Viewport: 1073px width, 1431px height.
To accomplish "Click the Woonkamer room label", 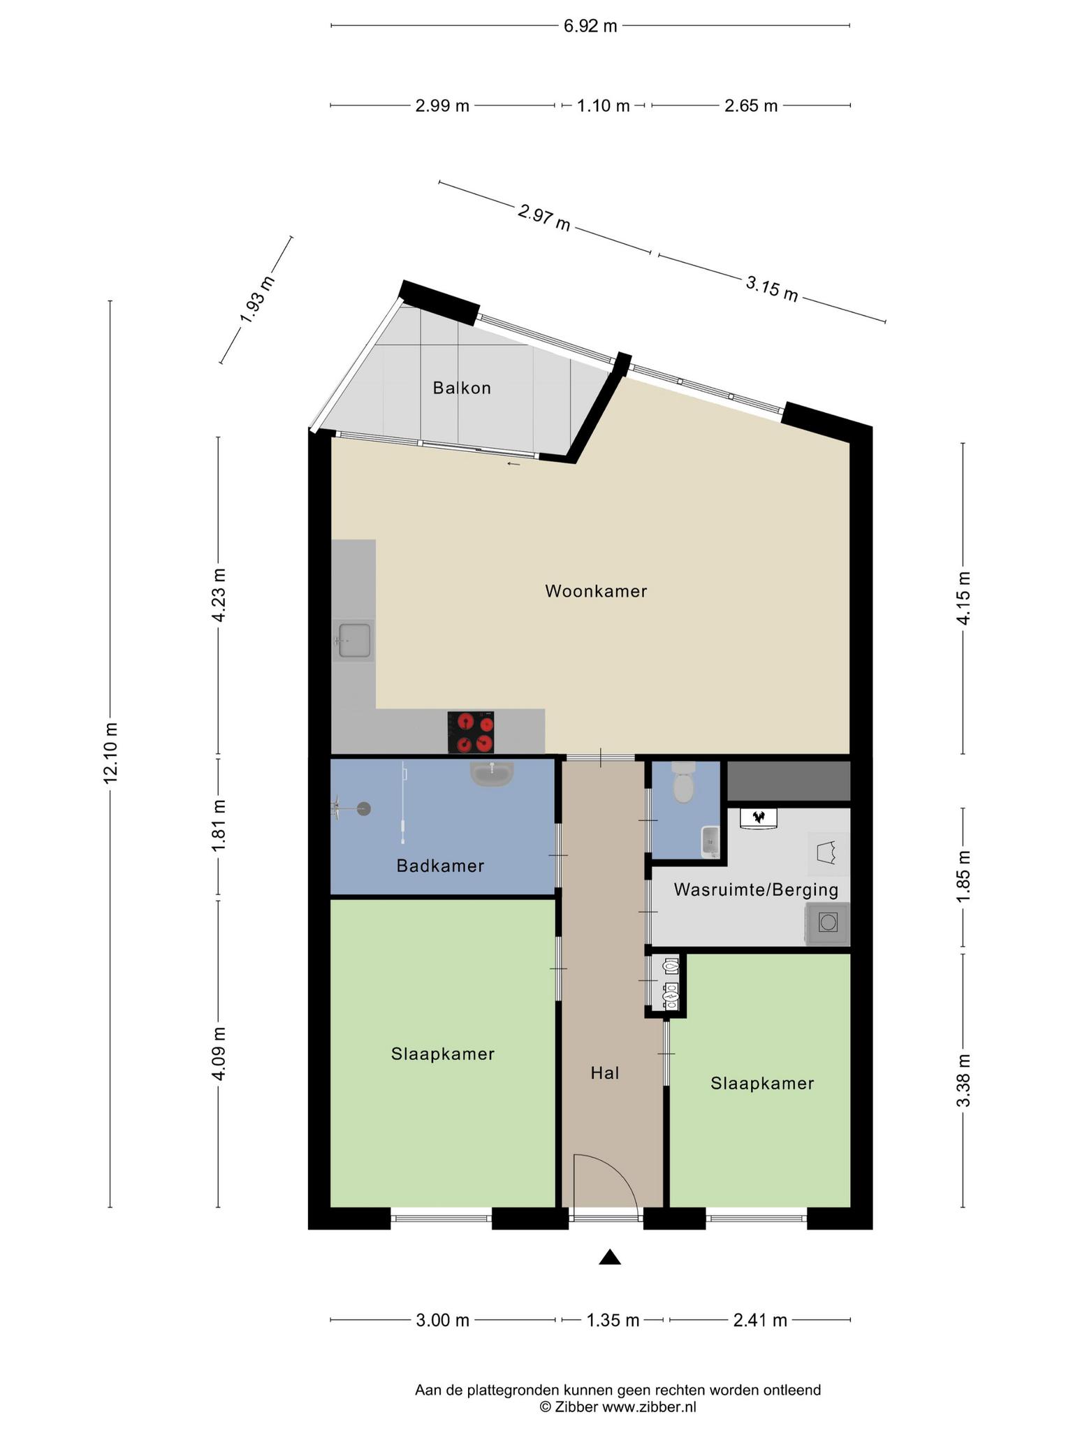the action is click(596, 591).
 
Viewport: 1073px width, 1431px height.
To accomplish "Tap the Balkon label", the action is click(462, 388).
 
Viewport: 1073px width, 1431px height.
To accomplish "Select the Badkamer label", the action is click(440, 866).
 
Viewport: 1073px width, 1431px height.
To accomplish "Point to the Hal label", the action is click(605, 1073).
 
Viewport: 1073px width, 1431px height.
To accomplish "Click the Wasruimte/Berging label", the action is click(756, 890).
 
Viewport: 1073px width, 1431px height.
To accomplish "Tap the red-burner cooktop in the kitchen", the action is click(471, 732).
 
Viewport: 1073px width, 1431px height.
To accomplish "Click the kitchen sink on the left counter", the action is click(354, 640).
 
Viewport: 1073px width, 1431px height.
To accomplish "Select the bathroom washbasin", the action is click(492, 773).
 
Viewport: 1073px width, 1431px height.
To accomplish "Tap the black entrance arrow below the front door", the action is click(610, 1257).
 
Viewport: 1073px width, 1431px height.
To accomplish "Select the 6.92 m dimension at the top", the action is click(590, 27).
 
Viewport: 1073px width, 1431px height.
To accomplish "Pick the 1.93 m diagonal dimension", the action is click(257, 300).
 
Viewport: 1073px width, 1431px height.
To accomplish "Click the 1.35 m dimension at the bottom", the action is click(613, 1320).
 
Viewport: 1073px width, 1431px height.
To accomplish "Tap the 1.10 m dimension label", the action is click(604, 106).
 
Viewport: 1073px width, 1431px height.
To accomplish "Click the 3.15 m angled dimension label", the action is click(772, 289).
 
